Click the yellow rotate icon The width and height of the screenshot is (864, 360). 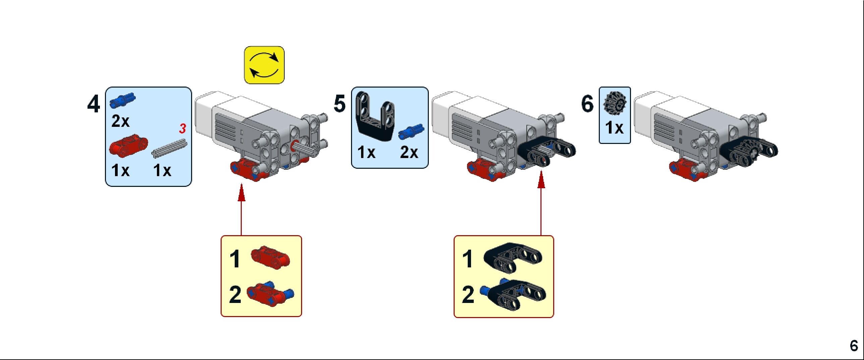click(264, 65)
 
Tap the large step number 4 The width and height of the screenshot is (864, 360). click(94, 104)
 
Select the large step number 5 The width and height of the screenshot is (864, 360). click(339, 104)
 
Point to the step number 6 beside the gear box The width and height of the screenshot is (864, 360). click(587, 104)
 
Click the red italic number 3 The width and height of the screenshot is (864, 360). click(182, 128)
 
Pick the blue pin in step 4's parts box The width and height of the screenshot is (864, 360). click(122, 100)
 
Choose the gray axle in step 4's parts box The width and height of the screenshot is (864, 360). click(169, 148)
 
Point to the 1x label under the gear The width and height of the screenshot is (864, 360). click(615, 128)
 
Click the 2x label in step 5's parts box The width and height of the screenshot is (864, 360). click(409, 153)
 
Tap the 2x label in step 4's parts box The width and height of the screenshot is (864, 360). click(120, 121)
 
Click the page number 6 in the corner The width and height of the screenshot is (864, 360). click(854, 346)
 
